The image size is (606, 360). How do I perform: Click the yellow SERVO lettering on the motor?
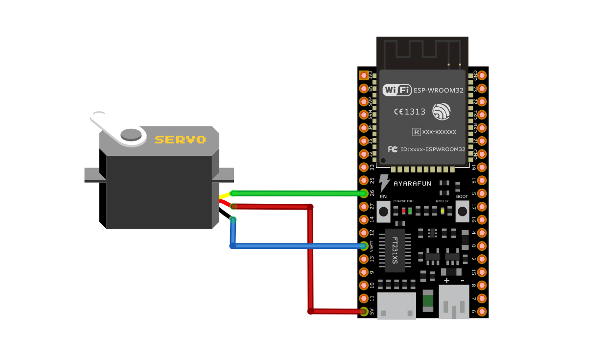180,140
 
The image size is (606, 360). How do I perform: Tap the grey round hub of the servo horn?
131,134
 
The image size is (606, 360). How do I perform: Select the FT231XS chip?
395,250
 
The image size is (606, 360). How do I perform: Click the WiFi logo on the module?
396,90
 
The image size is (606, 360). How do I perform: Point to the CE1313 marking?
410,112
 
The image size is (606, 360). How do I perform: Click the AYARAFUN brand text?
412,184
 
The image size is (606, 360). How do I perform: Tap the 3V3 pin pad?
364,75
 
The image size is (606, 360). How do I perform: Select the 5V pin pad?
364,312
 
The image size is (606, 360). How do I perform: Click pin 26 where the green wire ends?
364,193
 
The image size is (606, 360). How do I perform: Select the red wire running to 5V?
310,260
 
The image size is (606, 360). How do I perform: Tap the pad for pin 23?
482,89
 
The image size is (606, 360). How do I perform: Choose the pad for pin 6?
482,312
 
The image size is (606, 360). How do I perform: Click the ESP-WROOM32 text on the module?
439,90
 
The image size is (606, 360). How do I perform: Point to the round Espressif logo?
441,112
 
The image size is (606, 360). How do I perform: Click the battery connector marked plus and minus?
454,302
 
